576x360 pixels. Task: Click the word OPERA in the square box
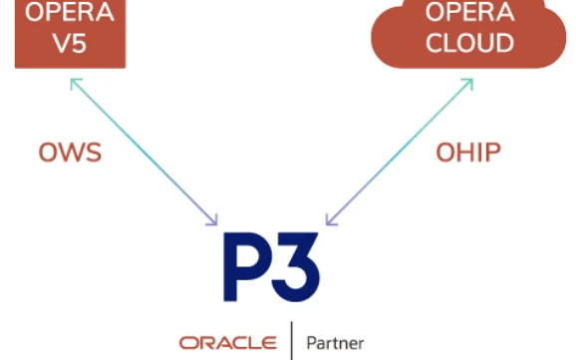[x=70, y=12]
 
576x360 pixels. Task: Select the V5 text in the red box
[x=70, y=44]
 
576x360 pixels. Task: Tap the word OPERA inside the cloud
[x=469, y=12]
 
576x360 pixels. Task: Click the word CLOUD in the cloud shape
[x=469, y=43]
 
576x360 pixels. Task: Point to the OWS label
[x=70, y=153]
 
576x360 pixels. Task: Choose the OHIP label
[x=468, y=153]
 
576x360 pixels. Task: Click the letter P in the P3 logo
[x=244, y=267]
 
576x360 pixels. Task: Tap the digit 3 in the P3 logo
[x=296, y=267]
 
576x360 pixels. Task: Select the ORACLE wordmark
[x=228, y=343]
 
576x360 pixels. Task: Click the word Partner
[x=335, y=343]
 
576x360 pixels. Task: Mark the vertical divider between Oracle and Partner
[x=292, y=341]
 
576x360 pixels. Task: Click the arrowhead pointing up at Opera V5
[x=75, y=83]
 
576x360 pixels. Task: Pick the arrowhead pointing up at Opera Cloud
[x=468, y=83]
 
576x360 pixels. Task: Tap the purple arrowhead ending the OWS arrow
[x=212, y=220]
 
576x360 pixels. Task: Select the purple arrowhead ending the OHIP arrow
[x=331, y=220]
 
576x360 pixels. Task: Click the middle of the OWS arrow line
[x=144, y=152]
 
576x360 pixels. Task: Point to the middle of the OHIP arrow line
[x=400, y=152]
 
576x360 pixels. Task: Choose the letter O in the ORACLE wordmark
[x=188, y=343]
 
